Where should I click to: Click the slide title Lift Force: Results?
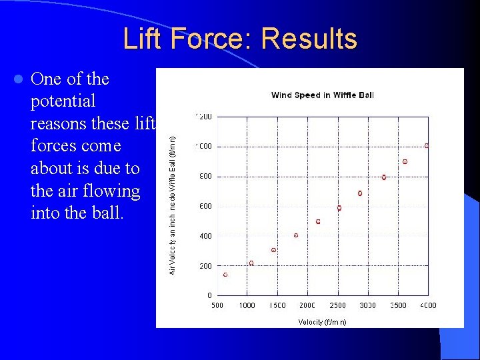click(240, 39)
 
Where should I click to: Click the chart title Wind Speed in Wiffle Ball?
click(322, 95)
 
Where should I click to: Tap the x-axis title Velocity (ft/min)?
click(322, 322)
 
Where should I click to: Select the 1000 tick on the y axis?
click(203, 147)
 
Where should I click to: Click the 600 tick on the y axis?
click(205, 207)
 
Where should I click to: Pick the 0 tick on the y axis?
click(209, 295)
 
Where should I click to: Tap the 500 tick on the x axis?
click(217, 305)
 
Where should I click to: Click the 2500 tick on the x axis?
click(338, 305)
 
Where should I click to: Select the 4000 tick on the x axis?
click(428, 305)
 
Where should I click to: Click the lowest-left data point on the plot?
click(225, 275)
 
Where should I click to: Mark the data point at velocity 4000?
click(427, 145)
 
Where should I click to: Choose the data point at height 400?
click(296, 235)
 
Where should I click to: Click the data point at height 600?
click(339, 208)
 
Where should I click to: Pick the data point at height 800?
click(384, 177)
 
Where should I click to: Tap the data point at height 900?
click(405, 162)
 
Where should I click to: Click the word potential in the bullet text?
click(63, 101)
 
